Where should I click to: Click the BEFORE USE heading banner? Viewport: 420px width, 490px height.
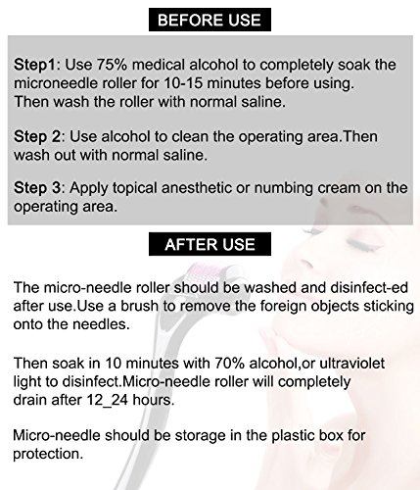[x=210, y=20]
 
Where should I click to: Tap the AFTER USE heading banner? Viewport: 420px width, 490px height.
[x=210, y=244]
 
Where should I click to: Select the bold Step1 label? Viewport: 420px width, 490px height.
[x=35, y=65]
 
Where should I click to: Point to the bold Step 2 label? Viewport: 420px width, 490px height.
[x=37, y=136]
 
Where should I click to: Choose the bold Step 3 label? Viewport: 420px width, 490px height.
[x=37, y=188]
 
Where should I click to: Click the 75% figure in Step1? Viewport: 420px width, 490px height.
[x=112, y=65]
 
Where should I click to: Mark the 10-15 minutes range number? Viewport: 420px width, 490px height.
[x=183, y=83]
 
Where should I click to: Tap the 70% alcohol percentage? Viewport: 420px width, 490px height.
[x=229, y=364]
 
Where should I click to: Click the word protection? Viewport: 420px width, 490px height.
[x=48, y=455]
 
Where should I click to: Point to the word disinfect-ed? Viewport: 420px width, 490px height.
[x=369, y=287]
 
